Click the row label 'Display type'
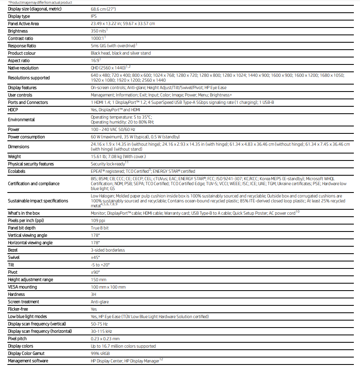[x=19, y=16]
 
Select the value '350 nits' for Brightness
[x=98, y=31]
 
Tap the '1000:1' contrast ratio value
[x=97, y=38]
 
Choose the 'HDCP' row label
[x=14, y=110]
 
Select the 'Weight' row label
[x=14, y=156]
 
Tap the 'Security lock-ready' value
[x=108, y=164]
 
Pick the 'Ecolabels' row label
[x=17, y=171]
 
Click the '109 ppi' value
[x=98, y=220]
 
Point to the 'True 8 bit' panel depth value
[x=100, y=228]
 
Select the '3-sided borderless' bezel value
[x=108, y=250]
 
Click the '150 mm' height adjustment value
[x=99, y=280]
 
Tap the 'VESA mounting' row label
[x=22, y=287]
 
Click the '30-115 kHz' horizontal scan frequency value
[x=101, y=331]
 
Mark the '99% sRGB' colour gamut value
[x=101, y=353]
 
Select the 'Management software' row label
[x=28, y=361]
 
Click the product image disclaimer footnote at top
[x=40, y=2]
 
